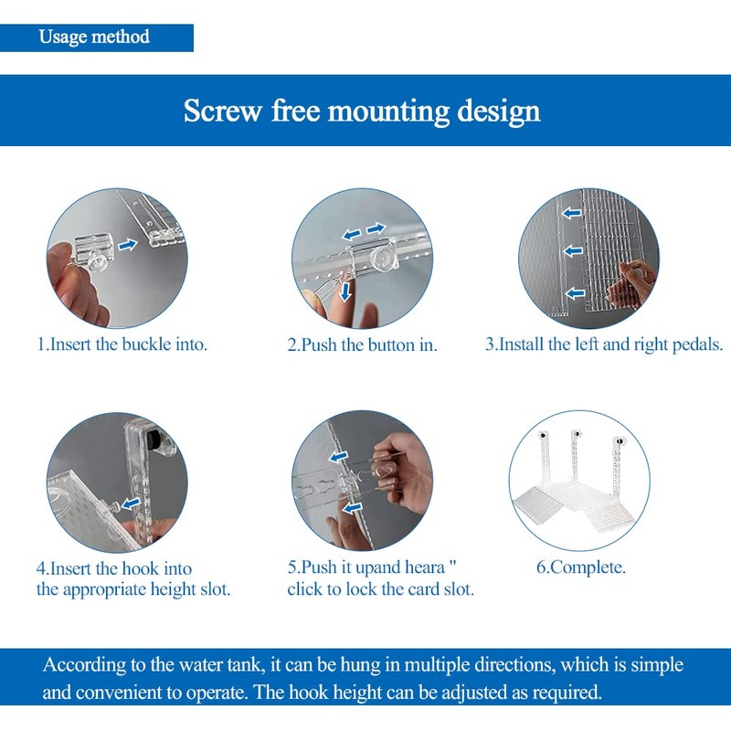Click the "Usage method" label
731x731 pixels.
pyautogui.click(x=94, y=37)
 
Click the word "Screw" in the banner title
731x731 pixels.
pyautogui.click(x=223, y=111)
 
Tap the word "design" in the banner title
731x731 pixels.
pyautogui.click(x=498, y=111)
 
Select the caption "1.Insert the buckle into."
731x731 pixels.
pyautogui.click(x=122, y=344)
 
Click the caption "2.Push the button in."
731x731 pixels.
pyautogui.click(x=362, y=345)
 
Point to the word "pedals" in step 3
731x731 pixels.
pyautogui.click(x=697, y=344)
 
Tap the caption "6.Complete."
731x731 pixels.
pyautogui.click(x=581, y=567)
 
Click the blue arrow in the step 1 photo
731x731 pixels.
pyautogui.click(x=127, y=244)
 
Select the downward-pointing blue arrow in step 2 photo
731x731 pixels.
pyautogui.click(x=345, y=292)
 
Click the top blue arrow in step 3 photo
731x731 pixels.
pyautogui.click(x=572, y=213)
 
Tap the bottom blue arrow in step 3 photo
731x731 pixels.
pyautogui.click(x=575, y=293)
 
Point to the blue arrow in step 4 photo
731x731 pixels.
pyautogui.click(x=131, y=503)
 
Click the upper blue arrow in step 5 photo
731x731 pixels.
pyautogui.click(x=338, y=456)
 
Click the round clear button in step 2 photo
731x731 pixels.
pyautogui.click(x=383, y=258)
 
